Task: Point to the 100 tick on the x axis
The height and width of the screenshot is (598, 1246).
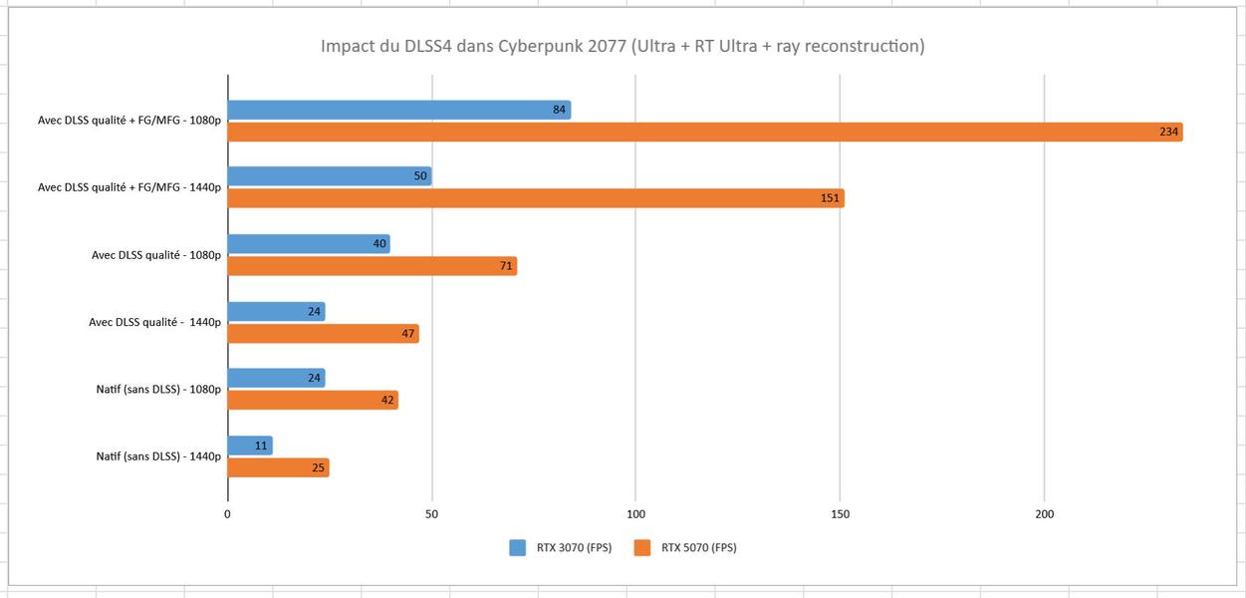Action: tap(635, 514)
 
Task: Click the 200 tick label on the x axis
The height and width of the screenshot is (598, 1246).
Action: tap(1044, 514)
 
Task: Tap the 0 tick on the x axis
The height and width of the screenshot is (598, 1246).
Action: tap(228, 514)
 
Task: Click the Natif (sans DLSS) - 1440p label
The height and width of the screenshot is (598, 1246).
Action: tap(158, 456)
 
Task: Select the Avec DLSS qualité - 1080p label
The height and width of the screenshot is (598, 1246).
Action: tap(156, 255)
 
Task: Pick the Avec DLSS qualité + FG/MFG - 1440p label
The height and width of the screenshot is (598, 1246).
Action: tap(129, 187)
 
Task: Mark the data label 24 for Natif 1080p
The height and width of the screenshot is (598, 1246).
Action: tap(315, 379)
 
